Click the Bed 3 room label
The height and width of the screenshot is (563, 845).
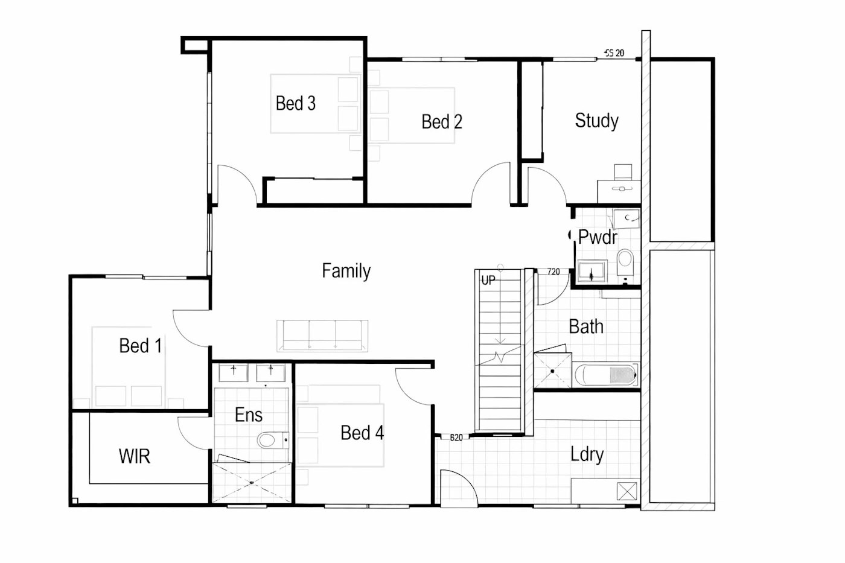point(295,103)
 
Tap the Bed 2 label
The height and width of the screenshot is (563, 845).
point(442,122)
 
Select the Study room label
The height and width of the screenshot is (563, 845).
point(596,121)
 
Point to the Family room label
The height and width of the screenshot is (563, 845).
point(346,271)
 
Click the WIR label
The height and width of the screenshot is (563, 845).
point(134,456)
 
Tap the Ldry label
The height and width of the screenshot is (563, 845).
point(587,454)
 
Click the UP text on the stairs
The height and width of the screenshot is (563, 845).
point(488,280)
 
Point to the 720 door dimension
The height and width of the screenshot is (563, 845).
point(553,272)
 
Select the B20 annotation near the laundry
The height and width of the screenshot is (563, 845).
point(456,437)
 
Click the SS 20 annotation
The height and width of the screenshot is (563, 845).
point(614,53)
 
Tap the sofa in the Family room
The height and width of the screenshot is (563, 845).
point(322,336)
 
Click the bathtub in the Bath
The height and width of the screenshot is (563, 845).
point(606,375)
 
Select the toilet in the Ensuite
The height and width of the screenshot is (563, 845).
point(273,440)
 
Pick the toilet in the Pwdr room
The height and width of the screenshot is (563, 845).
point(625,262)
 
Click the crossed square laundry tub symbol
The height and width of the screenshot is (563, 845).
point(627,491)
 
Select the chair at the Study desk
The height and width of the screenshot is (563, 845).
point(623,172)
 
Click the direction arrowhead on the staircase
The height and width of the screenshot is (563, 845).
point(500,341)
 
